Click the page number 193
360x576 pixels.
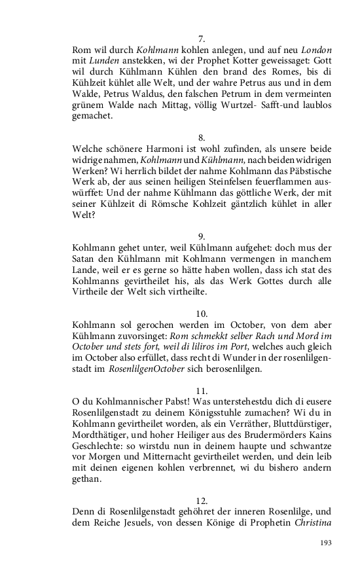pyautogui.click(x=325, y=543)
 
